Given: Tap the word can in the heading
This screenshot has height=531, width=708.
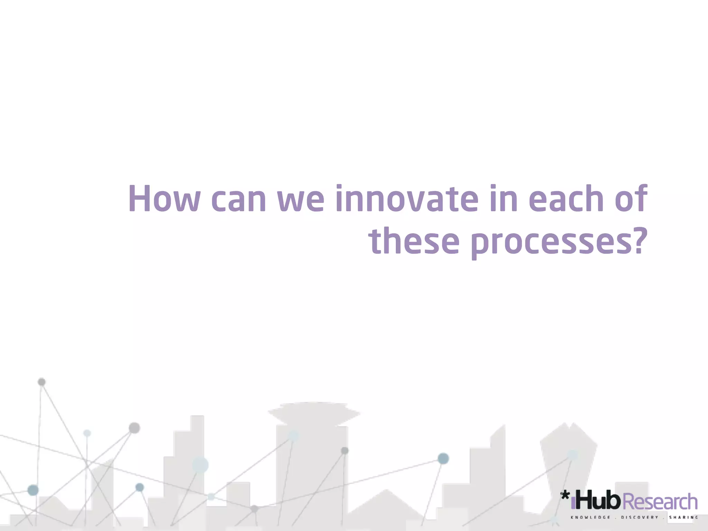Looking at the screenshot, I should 238,200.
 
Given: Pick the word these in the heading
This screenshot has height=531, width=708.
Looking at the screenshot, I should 413,241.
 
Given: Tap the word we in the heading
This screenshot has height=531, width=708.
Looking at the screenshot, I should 301,201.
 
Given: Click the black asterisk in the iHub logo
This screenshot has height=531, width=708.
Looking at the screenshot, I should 565,496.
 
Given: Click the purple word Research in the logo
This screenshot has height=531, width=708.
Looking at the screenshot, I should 662,502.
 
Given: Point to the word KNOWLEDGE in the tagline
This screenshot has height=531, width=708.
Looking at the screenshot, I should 590,518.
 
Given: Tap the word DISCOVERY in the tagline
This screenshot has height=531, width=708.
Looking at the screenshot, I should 640,518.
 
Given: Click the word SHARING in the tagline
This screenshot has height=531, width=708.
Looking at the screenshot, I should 683,518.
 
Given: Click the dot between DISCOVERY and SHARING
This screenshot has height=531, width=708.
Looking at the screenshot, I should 664,518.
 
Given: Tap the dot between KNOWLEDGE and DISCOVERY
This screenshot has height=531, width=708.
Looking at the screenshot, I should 616,518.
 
